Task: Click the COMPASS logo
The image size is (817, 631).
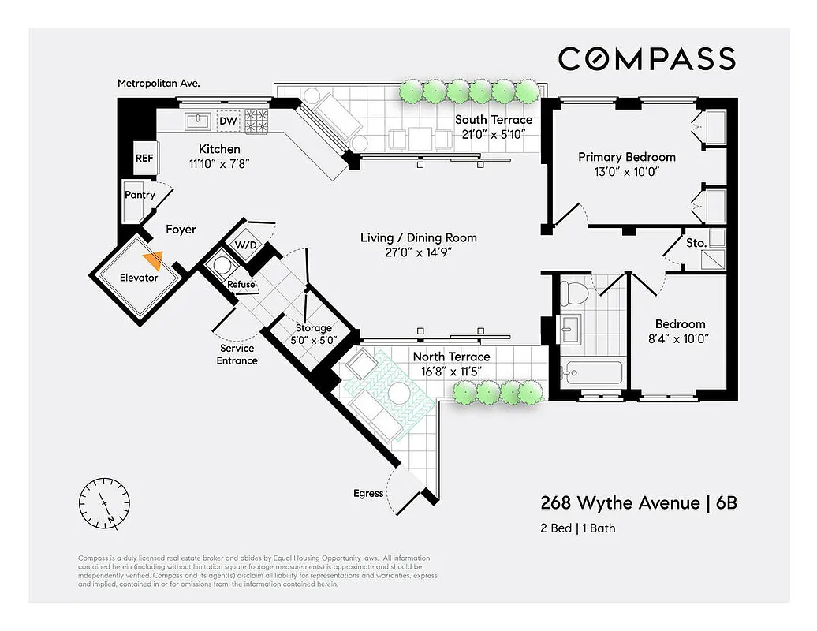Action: tap(647, 59)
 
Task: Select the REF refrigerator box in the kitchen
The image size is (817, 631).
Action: tap(144, 158)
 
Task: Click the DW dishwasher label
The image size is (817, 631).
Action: tap(228, 121)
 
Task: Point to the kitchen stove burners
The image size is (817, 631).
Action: tap(257, 121)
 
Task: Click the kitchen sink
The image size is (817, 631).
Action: tap(197, 121)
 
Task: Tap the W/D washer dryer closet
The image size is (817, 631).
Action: tap(246, 245)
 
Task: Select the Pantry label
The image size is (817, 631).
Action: tap(140, 195)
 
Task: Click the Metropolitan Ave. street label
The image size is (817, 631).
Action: tap(159, 82)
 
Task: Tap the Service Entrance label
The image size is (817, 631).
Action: tap(237, 354)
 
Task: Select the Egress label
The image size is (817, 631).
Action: tap(368, 494)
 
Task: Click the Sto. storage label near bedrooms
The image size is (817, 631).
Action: tap(696, 243)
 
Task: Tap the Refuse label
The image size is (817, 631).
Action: tap(241, 284)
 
